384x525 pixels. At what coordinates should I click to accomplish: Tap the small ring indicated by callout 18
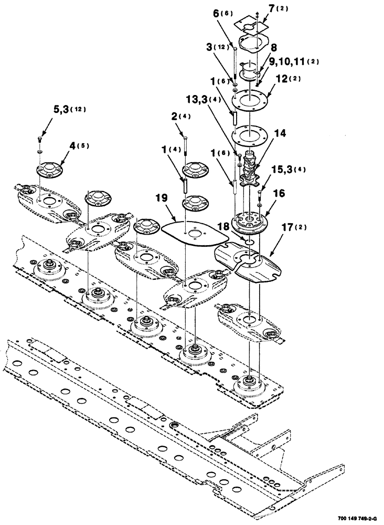click(250, 240)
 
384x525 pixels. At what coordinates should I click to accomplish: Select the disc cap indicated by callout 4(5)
click(50, 170)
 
